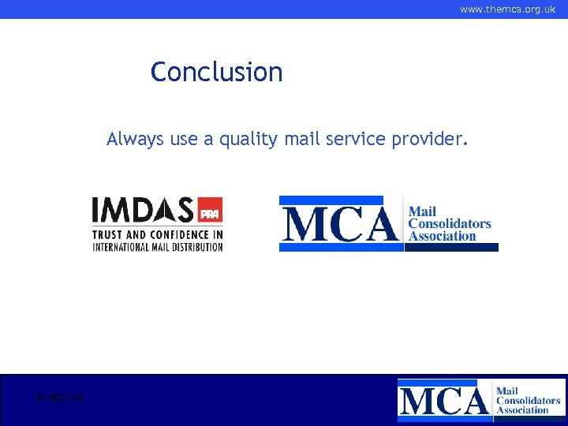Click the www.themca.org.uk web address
click(x=507, y=9)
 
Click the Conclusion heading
click(x=216, y=72)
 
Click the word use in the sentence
click(x=184, y=140)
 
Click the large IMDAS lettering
click(x=143, y=210)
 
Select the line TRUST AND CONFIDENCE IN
click(x=157, y=234)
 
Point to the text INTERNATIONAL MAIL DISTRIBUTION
click(x=157, y=246)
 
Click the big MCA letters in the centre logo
click(x=340, y=223)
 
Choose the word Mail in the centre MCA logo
click(x=422, y=211)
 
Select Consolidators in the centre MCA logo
click(x=449, y=223)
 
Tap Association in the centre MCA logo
click(x=442, y=235)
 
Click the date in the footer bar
click(x=60, y=398)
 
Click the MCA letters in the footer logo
click(x=443, y=401)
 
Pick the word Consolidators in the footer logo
click(x=528, y=400)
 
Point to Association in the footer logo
click(x=522, y=409)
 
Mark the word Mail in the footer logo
click(x=507, y=390)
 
